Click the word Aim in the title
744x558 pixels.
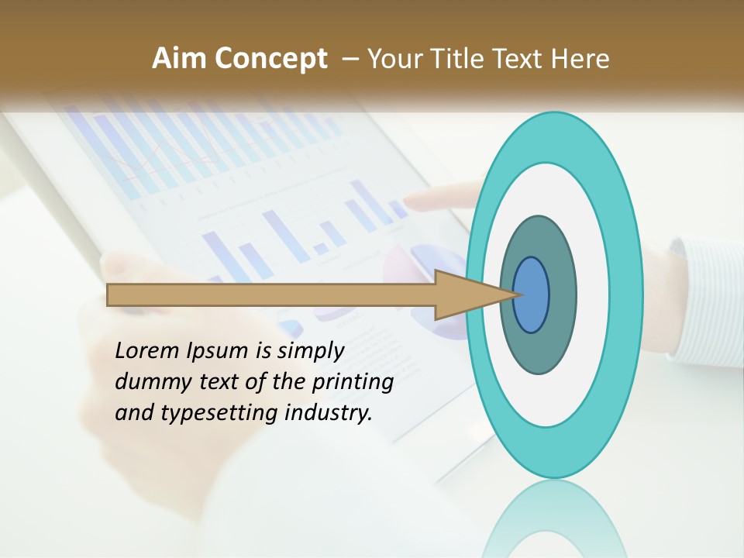tap(179, 58)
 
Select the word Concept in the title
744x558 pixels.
tap(271, 58)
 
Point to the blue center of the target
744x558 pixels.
tap(532, 294)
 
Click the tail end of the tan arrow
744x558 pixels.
tap(110, 294)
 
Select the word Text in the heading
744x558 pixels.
tap(522, 58)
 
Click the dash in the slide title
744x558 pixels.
tap(350, 59)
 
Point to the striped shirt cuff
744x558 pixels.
tap(701, 302)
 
